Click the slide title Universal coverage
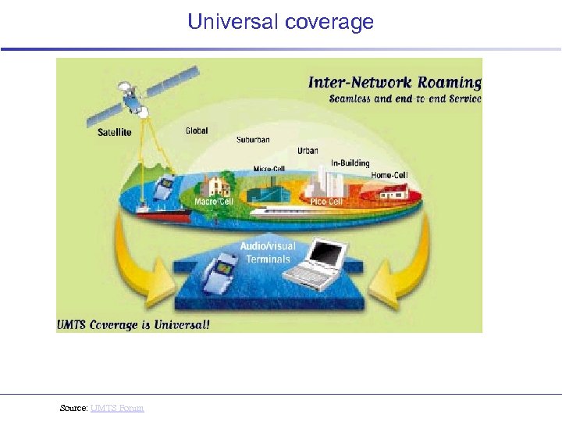click(x=280, y=22)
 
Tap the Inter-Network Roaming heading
click(x=394, y=82)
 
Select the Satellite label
click(x=114, y=132)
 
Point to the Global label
click(x=197, y=131)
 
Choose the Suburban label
click(x=253, y=140)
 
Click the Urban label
click(x=308, y=150)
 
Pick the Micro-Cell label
click(x=269, y=169)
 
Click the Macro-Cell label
click(x=214, y=202)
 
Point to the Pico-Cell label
click(x=326, y=202)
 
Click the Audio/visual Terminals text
click(x=268, y=253)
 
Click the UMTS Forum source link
click(x=117, y=408)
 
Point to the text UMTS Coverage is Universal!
click(x=133, y=324)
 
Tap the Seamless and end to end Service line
click(x=404, y=99)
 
